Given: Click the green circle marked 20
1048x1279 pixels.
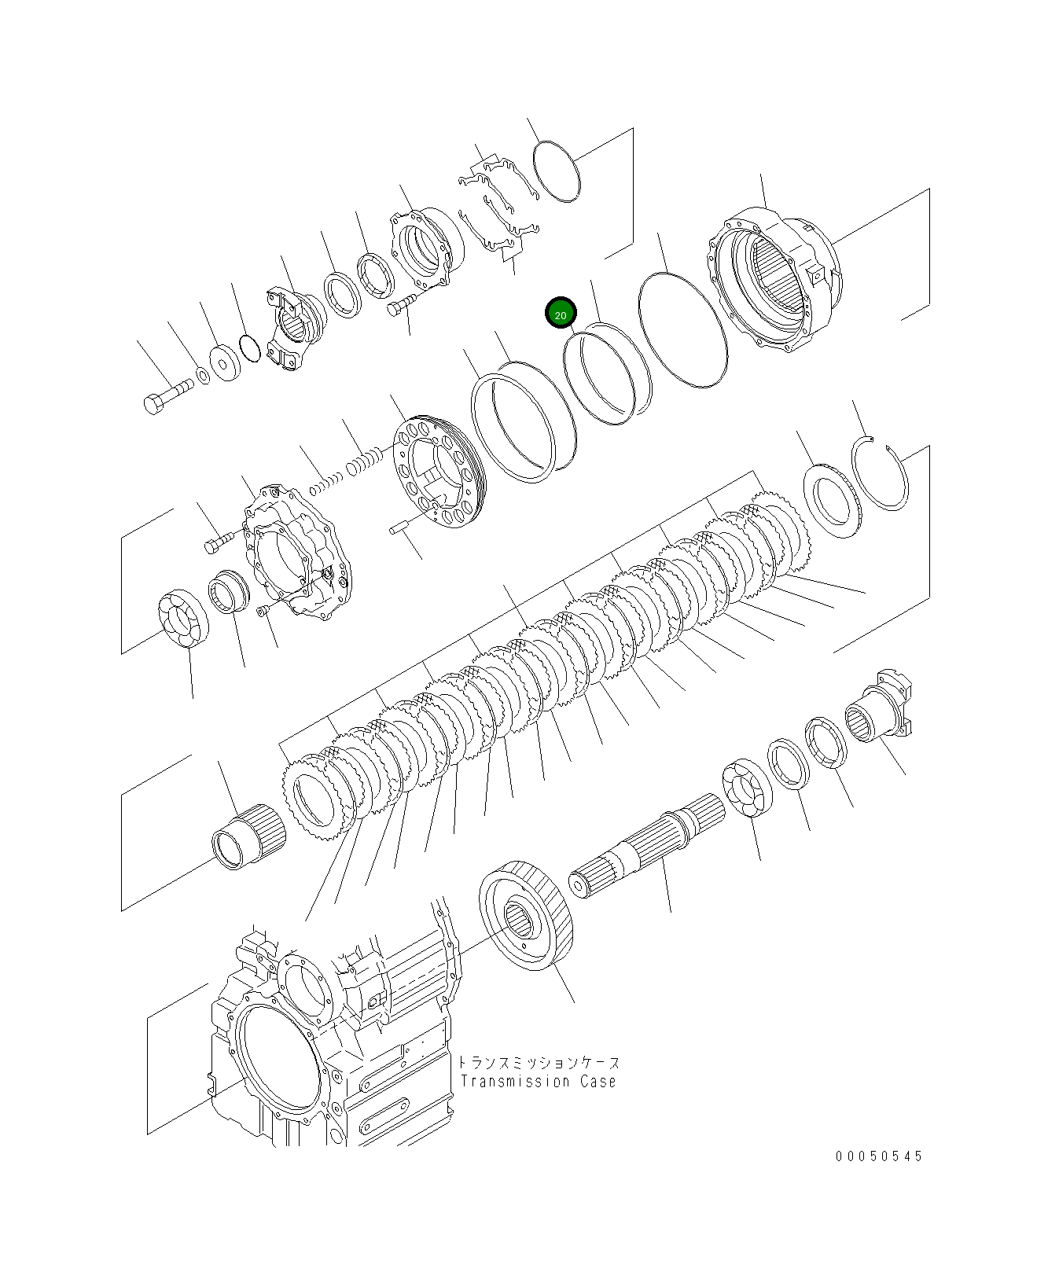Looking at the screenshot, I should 561,314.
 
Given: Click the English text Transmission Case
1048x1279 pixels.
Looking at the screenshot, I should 539,1082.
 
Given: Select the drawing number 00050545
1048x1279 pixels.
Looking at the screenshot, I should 879,1156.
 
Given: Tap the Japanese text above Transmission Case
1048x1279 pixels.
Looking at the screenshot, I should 539,1062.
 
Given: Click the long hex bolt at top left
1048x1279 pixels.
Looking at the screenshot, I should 168,395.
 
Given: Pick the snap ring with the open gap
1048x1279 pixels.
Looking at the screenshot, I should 880,475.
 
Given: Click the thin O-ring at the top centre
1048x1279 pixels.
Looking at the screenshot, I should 557,171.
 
